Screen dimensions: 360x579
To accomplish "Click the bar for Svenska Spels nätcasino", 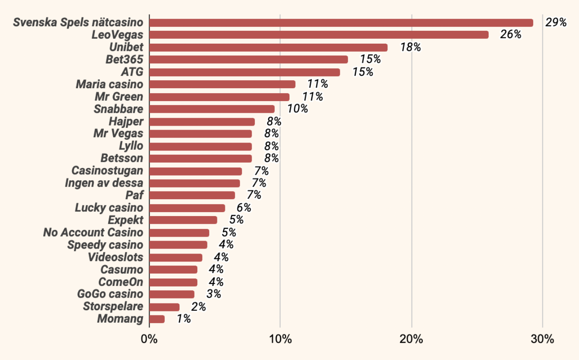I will (x=341, y=23).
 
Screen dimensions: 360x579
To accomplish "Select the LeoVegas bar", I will (x=318, y=35).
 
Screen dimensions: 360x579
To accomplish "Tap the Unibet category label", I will (x=126, y=47).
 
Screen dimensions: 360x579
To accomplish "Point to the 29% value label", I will (x=556, y=23).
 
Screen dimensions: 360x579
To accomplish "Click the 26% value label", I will (x=510, y=35).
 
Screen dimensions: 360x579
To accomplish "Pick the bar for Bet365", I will (x=248, y=60).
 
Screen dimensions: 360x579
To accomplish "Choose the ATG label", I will (x=132, y=72).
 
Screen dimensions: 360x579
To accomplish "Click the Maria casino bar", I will (x=222, y=84).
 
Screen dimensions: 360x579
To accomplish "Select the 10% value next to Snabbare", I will (x=298, y=109).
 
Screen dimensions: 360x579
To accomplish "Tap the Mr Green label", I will (x=119, y=97).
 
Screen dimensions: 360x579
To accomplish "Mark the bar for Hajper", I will (x=202, y=122).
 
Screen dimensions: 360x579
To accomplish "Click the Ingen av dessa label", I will (x=104, y=183).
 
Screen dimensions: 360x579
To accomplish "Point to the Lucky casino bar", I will (x=187, y=208).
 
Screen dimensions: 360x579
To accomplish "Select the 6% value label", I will (x=244, y=208).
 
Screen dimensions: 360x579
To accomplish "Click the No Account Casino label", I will (x=93, y=233).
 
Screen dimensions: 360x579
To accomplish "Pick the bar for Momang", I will (x=157, y=319).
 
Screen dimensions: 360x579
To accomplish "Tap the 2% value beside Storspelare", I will (x=198, y=307).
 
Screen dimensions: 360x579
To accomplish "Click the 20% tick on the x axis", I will (x=411, y=340).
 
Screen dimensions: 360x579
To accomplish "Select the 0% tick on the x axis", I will (x=149, y=340).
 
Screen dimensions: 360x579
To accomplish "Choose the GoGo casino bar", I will (x=171, y=294).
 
